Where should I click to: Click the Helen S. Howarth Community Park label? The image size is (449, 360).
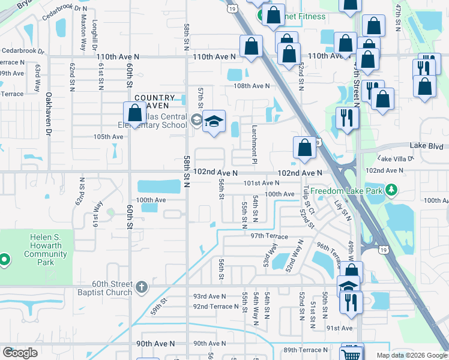tap(46, 250)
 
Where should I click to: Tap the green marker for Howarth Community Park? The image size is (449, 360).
tap(4, 260)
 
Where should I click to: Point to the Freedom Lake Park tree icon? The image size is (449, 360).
tap(391, 190)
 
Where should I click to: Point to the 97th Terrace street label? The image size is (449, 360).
tap(269, 236)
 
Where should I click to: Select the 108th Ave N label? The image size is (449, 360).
tap(252, 86)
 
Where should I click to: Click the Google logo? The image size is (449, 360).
tap(20, 353)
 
